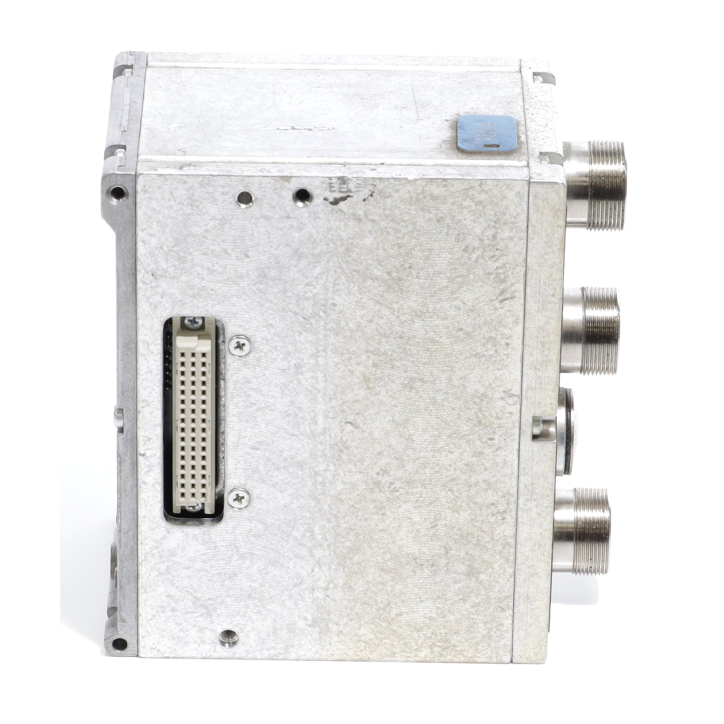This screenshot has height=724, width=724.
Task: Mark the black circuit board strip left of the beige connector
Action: (169, 360)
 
